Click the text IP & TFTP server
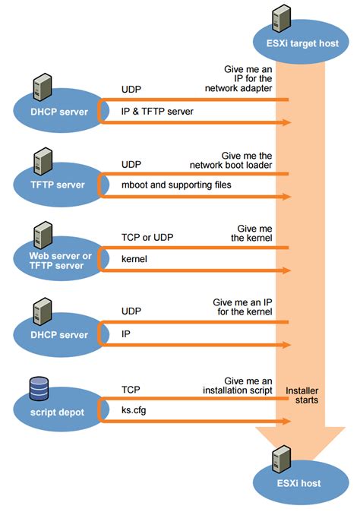click(158, 112)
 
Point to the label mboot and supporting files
click(176, 185)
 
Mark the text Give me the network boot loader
click(242, 159)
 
